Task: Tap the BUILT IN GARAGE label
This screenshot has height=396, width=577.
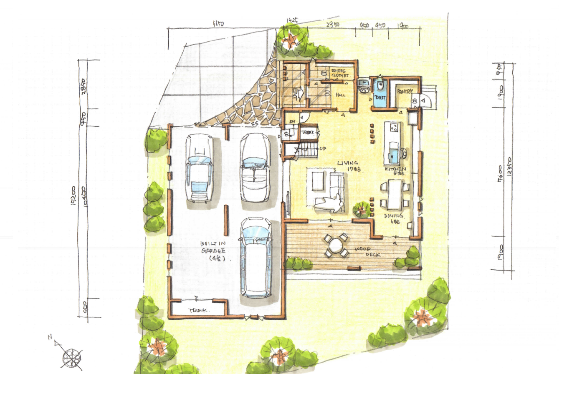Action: pos(213,251)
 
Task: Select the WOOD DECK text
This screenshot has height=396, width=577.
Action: pos(368,251)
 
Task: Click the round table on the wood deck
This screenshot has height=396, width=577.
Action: pos(335,246)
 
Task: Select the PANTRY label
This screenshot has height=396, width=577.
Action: pos(405,91)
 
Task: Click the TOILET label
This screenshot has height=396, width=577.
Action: pos(380,98)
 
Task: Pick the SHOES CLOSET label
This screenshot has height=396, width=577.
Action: pos(339,73)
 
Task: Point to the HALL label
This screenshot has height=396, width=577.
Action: pos(340,95)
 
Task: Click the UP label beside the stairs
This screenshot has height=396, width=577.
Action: pos(323,148)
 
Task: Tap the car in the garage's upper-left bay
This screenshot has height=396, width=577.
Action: pos(199,168)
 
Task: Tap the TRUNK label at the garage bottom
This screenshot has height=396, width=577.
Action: pos(198,311)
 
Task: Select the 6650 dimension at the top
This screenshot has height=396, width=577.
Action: pos(218,24)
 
